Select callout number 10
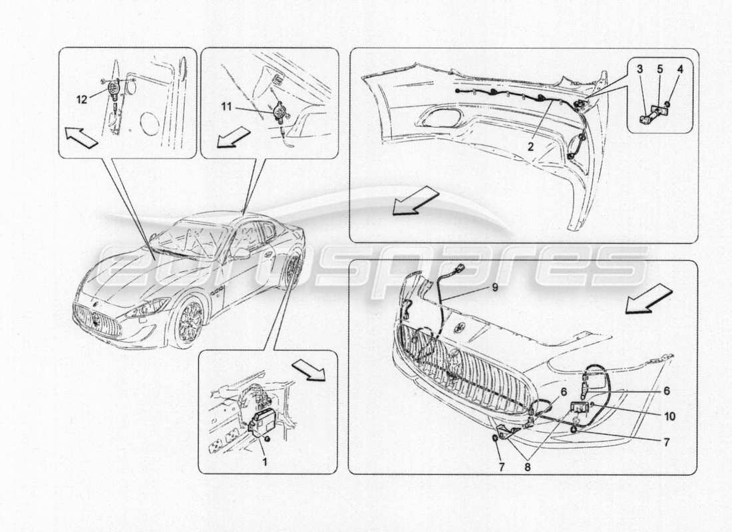(669, 416)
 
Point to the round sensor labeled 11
(275, 110)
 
